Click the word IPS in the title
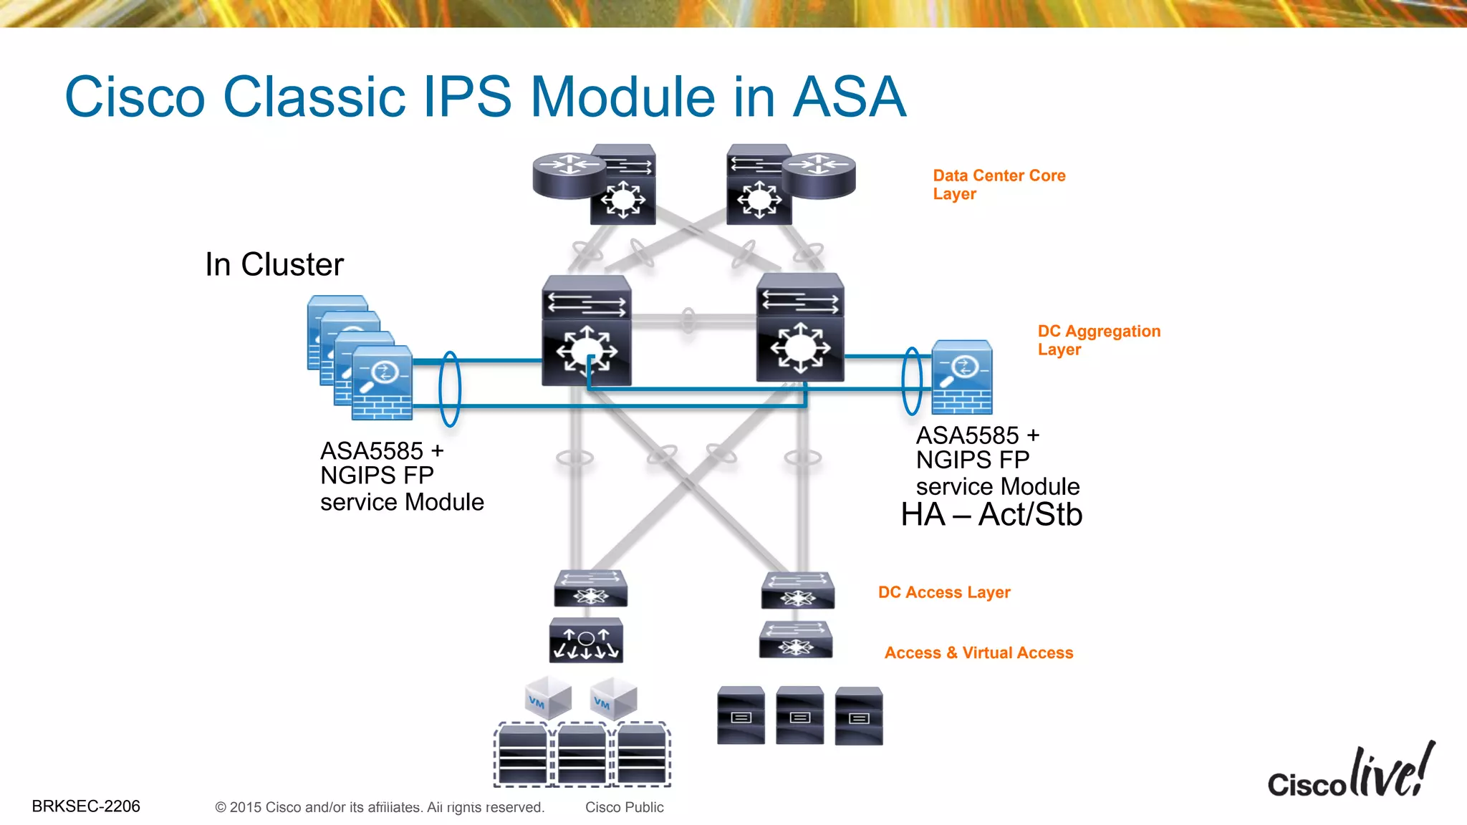467,97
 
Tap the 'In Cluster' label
274,264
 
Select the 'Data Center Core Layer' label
999,185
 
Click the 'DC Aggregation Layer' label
1098,340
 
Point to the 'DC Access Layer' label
944,592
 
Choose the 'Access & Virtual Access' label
978,652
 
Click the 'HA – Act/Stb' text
991,514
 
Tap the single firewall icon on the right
962,377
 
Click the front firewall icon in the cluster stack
382,383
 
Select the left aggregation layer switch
587,331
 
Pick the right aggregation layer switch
800,328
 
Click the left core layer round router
567,174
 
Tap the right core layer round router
819,174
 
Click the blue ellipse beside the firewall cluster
449,389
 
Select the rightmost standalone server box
859,715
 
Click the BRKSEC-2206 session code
86,806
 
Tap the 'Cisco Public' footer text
624,807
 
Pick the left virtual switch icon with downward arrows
586,640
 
